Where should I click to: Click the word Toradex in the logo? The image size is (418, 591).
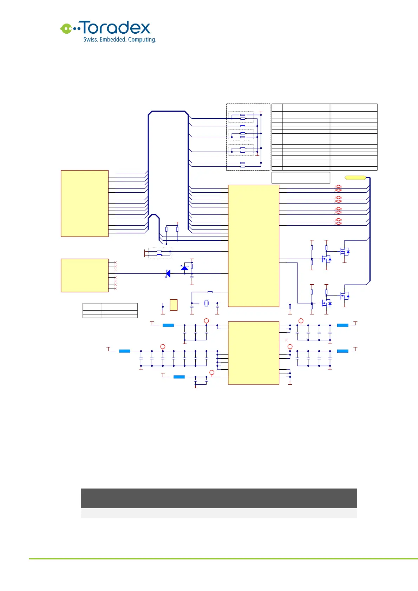pyautogui.click(x=116, y=28)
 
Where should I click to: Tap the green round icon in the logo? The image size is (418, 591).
pyautogui.click(x=66, y=28)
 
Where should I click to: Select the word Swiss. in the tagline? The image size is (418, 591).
pyautogui.click(x=90, y=40)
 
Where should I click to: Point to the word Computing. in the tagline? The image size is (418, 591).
pyautogui.click(x=142, y=40)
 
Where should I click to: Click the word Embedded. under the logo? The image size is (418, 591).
pyautogui.click(x=113, y=40)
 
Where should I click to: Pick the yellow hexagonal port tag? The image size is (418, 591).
pyautogui.click(x=355, y=178)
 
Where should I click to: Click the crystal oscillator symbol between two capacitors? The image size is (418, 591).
pyautogui.click(x=206, y=303)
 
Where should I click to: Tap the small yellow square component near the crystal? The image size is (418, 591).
pyautogui.click(x=174, y=305)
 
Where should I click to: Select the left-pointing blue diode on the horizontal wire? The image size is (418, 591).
pyautogui.click(x=168, y=273)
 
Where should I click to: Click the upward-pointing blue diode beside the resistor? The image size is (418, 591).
pyautogui.click(x=184, y=268)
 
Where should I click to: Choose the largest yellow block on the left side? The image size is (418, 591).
pyautogui.click(x=85, y=204)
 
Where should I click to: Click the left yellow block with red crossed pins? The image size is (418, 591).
pyautogui.click(x=85, y=275)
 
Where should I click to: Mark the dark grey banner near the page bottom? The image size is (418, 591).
pyautogui.click(x=219, y=498)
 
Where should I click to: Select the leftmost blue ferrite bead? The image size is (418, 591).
pyautogui.click(x=125, y=351)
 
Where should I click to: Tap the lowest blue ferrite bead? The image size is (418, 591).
pyautogui.click(x=179, y=377)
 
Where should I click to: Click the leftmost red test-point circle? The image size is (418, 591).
pyautogui.click(x=163, y=347)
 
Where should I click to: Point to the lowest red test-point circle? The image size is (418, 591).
pyautogui.click(x=212, y=372)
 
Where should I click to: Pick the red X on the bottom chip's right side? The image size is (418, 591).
pyautogui.click(x=286, y=340)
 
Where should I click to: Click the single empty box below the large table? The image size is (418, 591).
pyautogui.click(x=301, y=178)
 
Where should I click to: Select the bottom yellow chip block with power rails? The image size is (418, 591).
pyautogui.click(x=254, y=353)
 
